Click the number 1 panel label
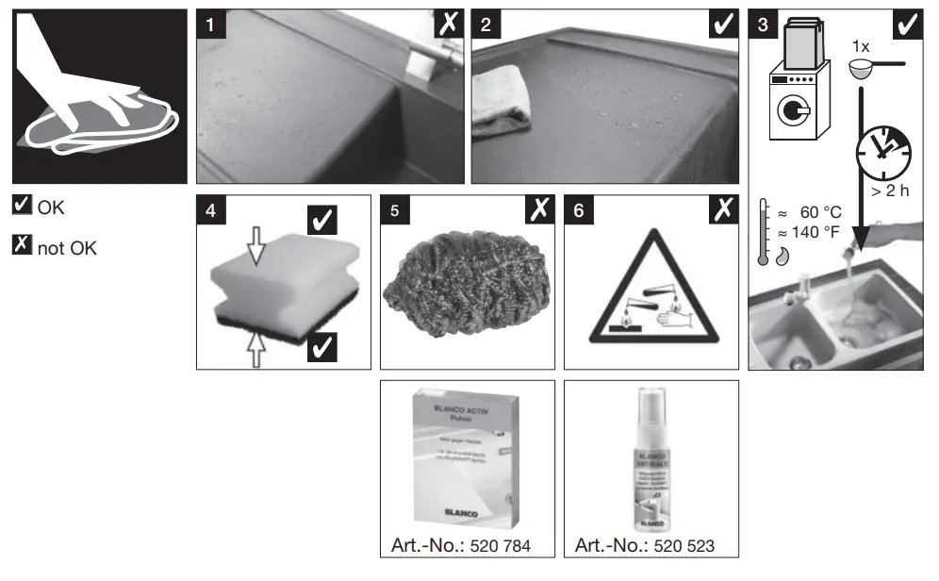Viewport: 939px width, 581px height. click(x=212, y=25)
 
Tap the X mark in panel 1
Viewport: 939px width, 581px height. click(x=449, y=25)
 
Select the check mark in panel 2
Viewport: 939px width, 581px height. click(x=724, y=25)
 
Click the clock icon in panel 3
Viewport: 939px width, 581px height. click(x=883, y=151)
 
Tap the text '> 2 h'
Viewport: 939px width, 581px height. click(x=889, y=192)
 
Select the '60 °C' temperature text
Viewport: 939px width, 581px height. click(x=818, y=212)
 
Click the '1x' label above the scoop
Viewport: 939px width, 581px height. click(x=860, y=46)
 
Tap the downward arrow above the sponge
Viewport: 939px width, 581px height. click(x=256, y=248)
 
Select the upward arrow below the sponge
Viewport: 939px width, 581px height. click(x=256, y=351)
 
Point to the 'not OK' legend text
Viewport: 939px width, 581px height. click(x=67, y=248)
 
